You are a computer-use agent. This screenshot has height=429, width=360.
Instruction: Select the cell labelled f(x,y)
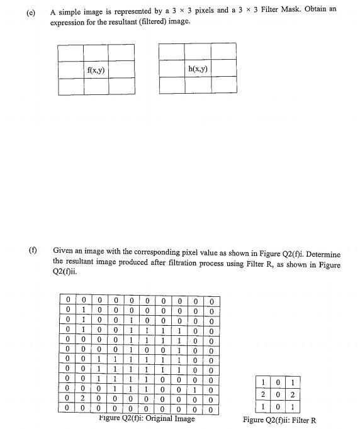[x=96, y=70]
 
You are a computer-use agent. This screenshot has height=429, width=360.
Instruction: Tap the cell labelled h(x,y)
[x=198, y=69]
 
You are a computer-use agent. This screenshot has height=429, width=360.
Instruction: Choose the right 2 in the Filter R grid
[x=293, y=393]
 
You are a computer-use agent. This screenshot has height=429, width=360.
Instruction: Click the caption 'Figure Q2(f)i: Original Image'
[x=147, y=418]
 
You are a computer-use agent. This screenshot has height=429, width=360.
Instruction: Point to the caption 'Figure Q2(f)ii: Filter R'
[x=279, y=420]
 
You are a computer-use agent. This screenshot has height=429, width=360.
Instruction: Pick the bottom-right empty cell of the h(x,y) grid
[x=224, y=85]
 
